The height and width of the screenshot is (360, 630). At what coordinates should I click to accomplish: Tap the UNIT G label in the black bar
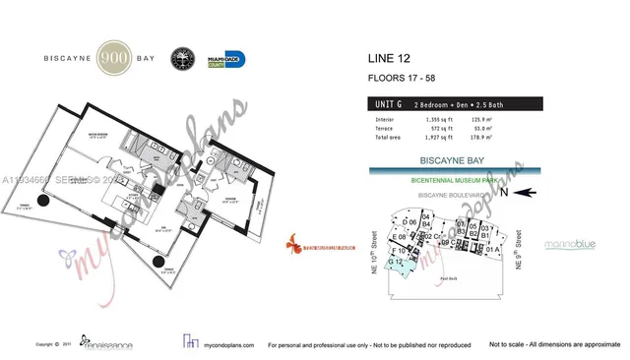coord(386,101)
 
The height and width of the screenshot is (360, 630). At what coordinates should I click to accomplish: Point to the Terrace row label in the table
coord(380,127)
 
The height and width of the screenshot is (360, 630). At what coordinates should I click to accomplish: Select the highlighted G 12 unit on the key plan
coord(395,263)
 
